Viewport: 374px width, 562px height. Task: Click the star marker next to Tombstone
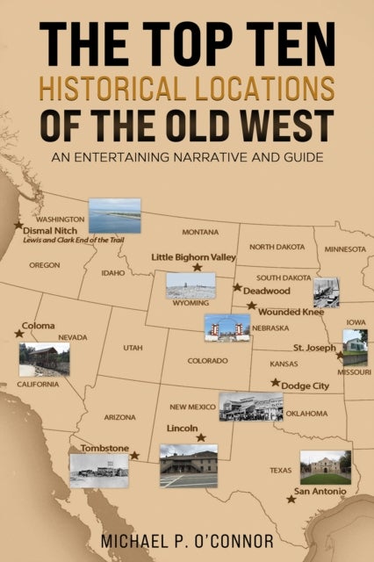(x=134, y=456)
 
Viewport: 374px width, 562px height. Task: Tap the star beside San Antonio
(x=291, y=499)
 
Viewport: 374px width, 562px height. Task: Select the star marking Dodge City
(x=276, y=383)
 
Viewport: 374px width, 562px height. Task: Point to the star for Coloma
(x=19, y=334)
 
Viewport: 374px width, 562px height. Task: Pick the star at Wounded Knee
(x=252, y=306)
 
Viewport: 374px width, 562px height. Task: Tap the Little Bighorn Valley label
(x=193, y=256)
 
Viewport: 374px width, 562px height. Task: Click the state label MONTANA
(x=200, y=232)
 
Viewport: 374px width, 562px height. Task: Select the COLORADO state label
(x=207, y=360)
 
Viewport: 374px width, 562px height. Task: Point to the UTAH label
(x=133, y=348)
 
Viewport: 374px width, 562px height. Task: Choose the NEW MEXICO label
(x=192, y=407)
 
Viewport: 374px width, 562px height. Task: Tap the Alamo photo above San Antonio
(x=325, y=466)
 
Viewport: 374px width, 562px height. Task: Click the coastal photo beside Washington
(x=114, y=216)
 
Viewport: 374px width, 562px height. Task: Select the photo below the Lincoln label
(x=188, y=465)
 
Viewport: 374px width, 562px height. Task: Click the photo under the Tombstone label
(x=98, y=470)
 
